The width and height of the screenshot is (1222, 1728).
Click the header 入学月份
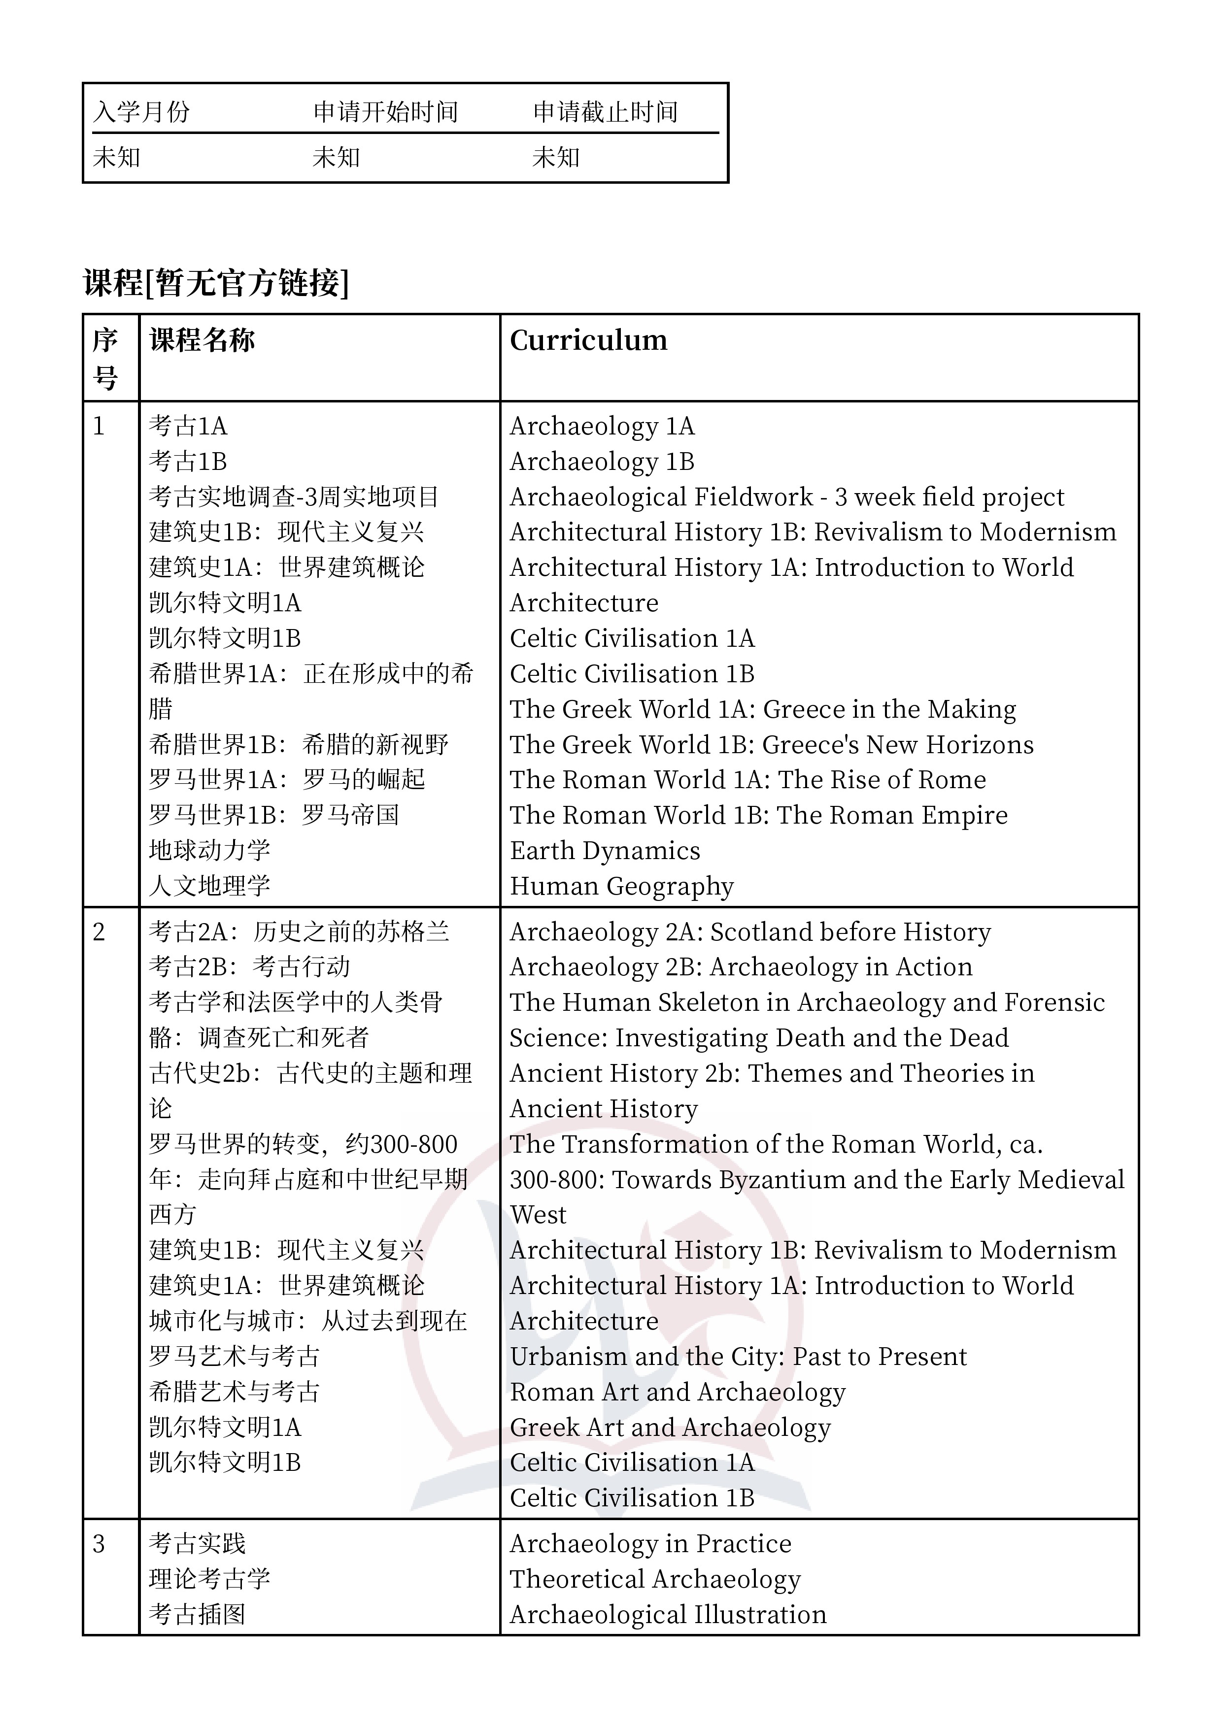click(x=141, y=112)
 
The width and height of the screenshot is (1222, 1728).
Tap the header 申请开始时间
click(x=385, y=112)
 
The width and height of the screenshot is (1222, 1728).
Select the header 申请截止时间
click(x=606, y=112)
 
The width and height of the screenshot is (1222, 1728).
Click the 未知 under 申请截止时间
click(x=556, y=157)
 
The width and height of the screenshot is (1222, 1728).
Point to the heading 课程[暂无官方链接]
click(x=216, y=284)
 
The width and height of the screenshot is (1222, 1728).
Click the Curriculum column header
click(x=588, y=340)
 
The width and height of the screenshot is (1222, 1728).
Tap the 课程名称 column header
click(x=203, y=340)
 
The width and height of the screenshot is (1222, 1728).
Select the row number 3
click(x=99, y=1544)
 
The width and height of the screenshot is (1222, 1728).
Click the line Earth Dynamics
click(x=605, y=850)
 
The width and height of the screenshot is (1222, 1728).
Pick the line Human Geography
click(x=621, y=886)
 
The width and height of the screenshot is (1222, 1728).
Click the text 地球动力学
click(x=209, y=850)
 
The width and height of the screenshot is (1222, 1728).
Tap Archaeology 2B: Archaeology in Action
click(x=741, y=967)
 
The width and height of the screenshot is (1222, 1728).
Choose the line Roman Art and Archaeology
click(x=678, y=1393)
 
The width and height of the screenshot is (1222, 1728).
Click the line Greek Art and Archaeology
click(x=670, y=1428)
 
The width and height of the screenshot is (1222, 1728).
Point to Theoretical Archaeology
click(x=655, y=1579)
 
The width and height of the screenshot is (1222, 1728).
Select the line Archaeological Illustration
click(x=668, y=1614)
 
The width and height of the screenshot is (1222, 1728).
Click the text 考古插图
click(x=197, y=1614)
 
